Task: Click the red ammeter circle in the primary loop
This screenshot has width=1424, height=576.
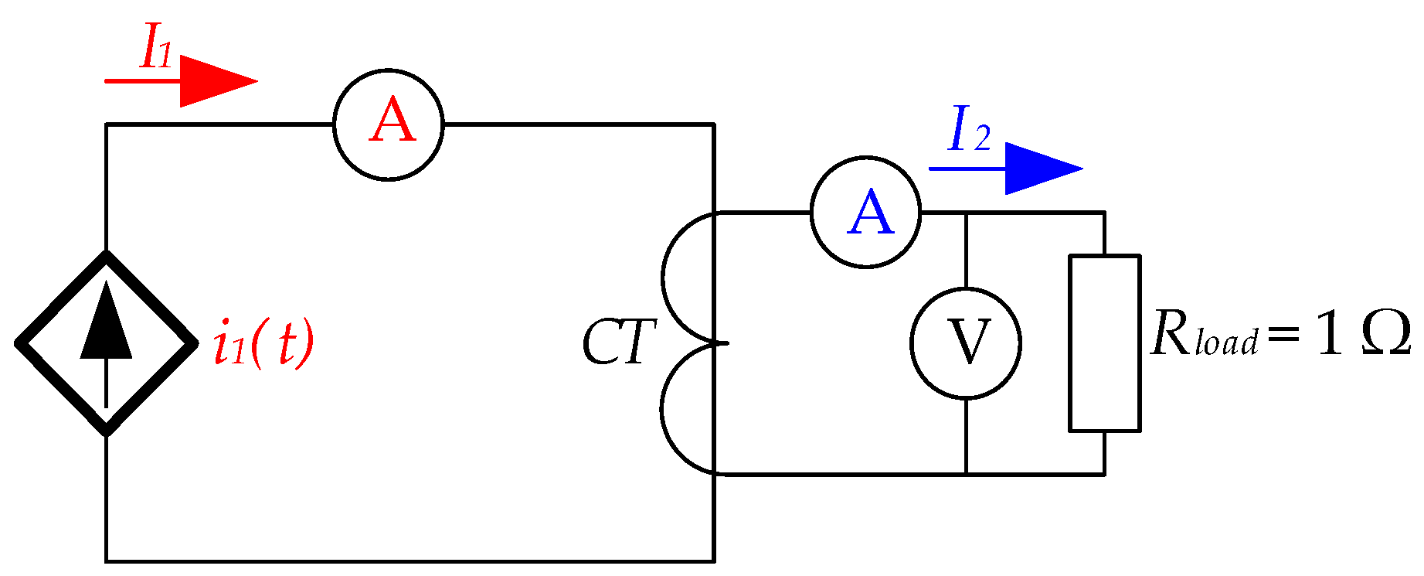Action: pyautogui.click(x=389, y=124)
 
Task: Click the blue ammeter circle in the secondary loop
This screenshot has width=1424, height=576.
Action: pyautogui.click(x=865, y=213)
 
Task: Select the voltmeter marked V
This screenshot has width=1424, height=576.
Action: pyautogui.click(x=966, y=343)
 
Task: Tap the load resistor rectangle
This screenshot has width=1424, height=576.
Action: pyautogui.click(x=1104, y=343)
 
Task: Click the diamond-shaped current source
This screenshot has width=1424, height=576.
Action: pyautogui.click(x=106, y=343)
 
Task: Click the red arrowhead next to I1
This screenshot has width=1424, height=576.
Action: pyautogui.click(x=217, y=81)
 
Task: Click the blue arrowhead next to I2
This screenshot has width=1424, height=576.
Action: pyautogui.click(x=1042, y=169)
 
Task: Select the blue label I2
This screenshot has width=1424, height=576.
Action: pyautogui.click(x=968, y=130)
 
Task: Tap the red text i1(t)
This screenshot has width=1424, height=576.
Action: pyautogui.click(x=263, y=343)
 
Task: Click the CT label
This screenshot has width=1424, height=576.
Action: pyautogui.click(x=618, y=343)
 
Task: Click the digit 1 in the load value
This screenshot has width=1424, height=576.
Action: pyautogui.click(x=1328, y=336)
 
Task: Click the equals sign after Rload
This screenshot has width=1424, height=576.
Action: pyautogui.click(x=1283, y=337)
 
